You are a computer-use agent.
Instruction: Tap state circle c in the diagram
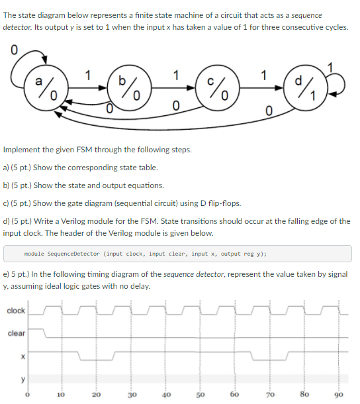click(216, 88)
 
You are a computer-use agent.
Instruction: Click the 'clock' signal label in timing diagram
click(16, 311)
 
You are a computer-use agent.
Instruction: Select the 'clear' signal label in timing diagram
click(16, 333)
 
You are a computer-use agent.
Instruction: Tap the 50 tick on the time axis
click(199, 393)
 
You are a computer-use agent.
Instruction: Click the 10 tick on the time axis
click(60, 393)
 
